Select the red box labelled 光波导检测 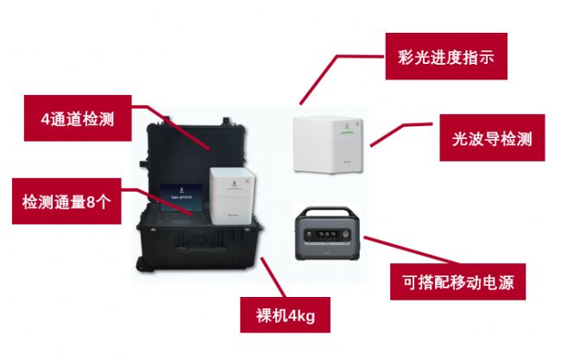pos(492,137)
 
